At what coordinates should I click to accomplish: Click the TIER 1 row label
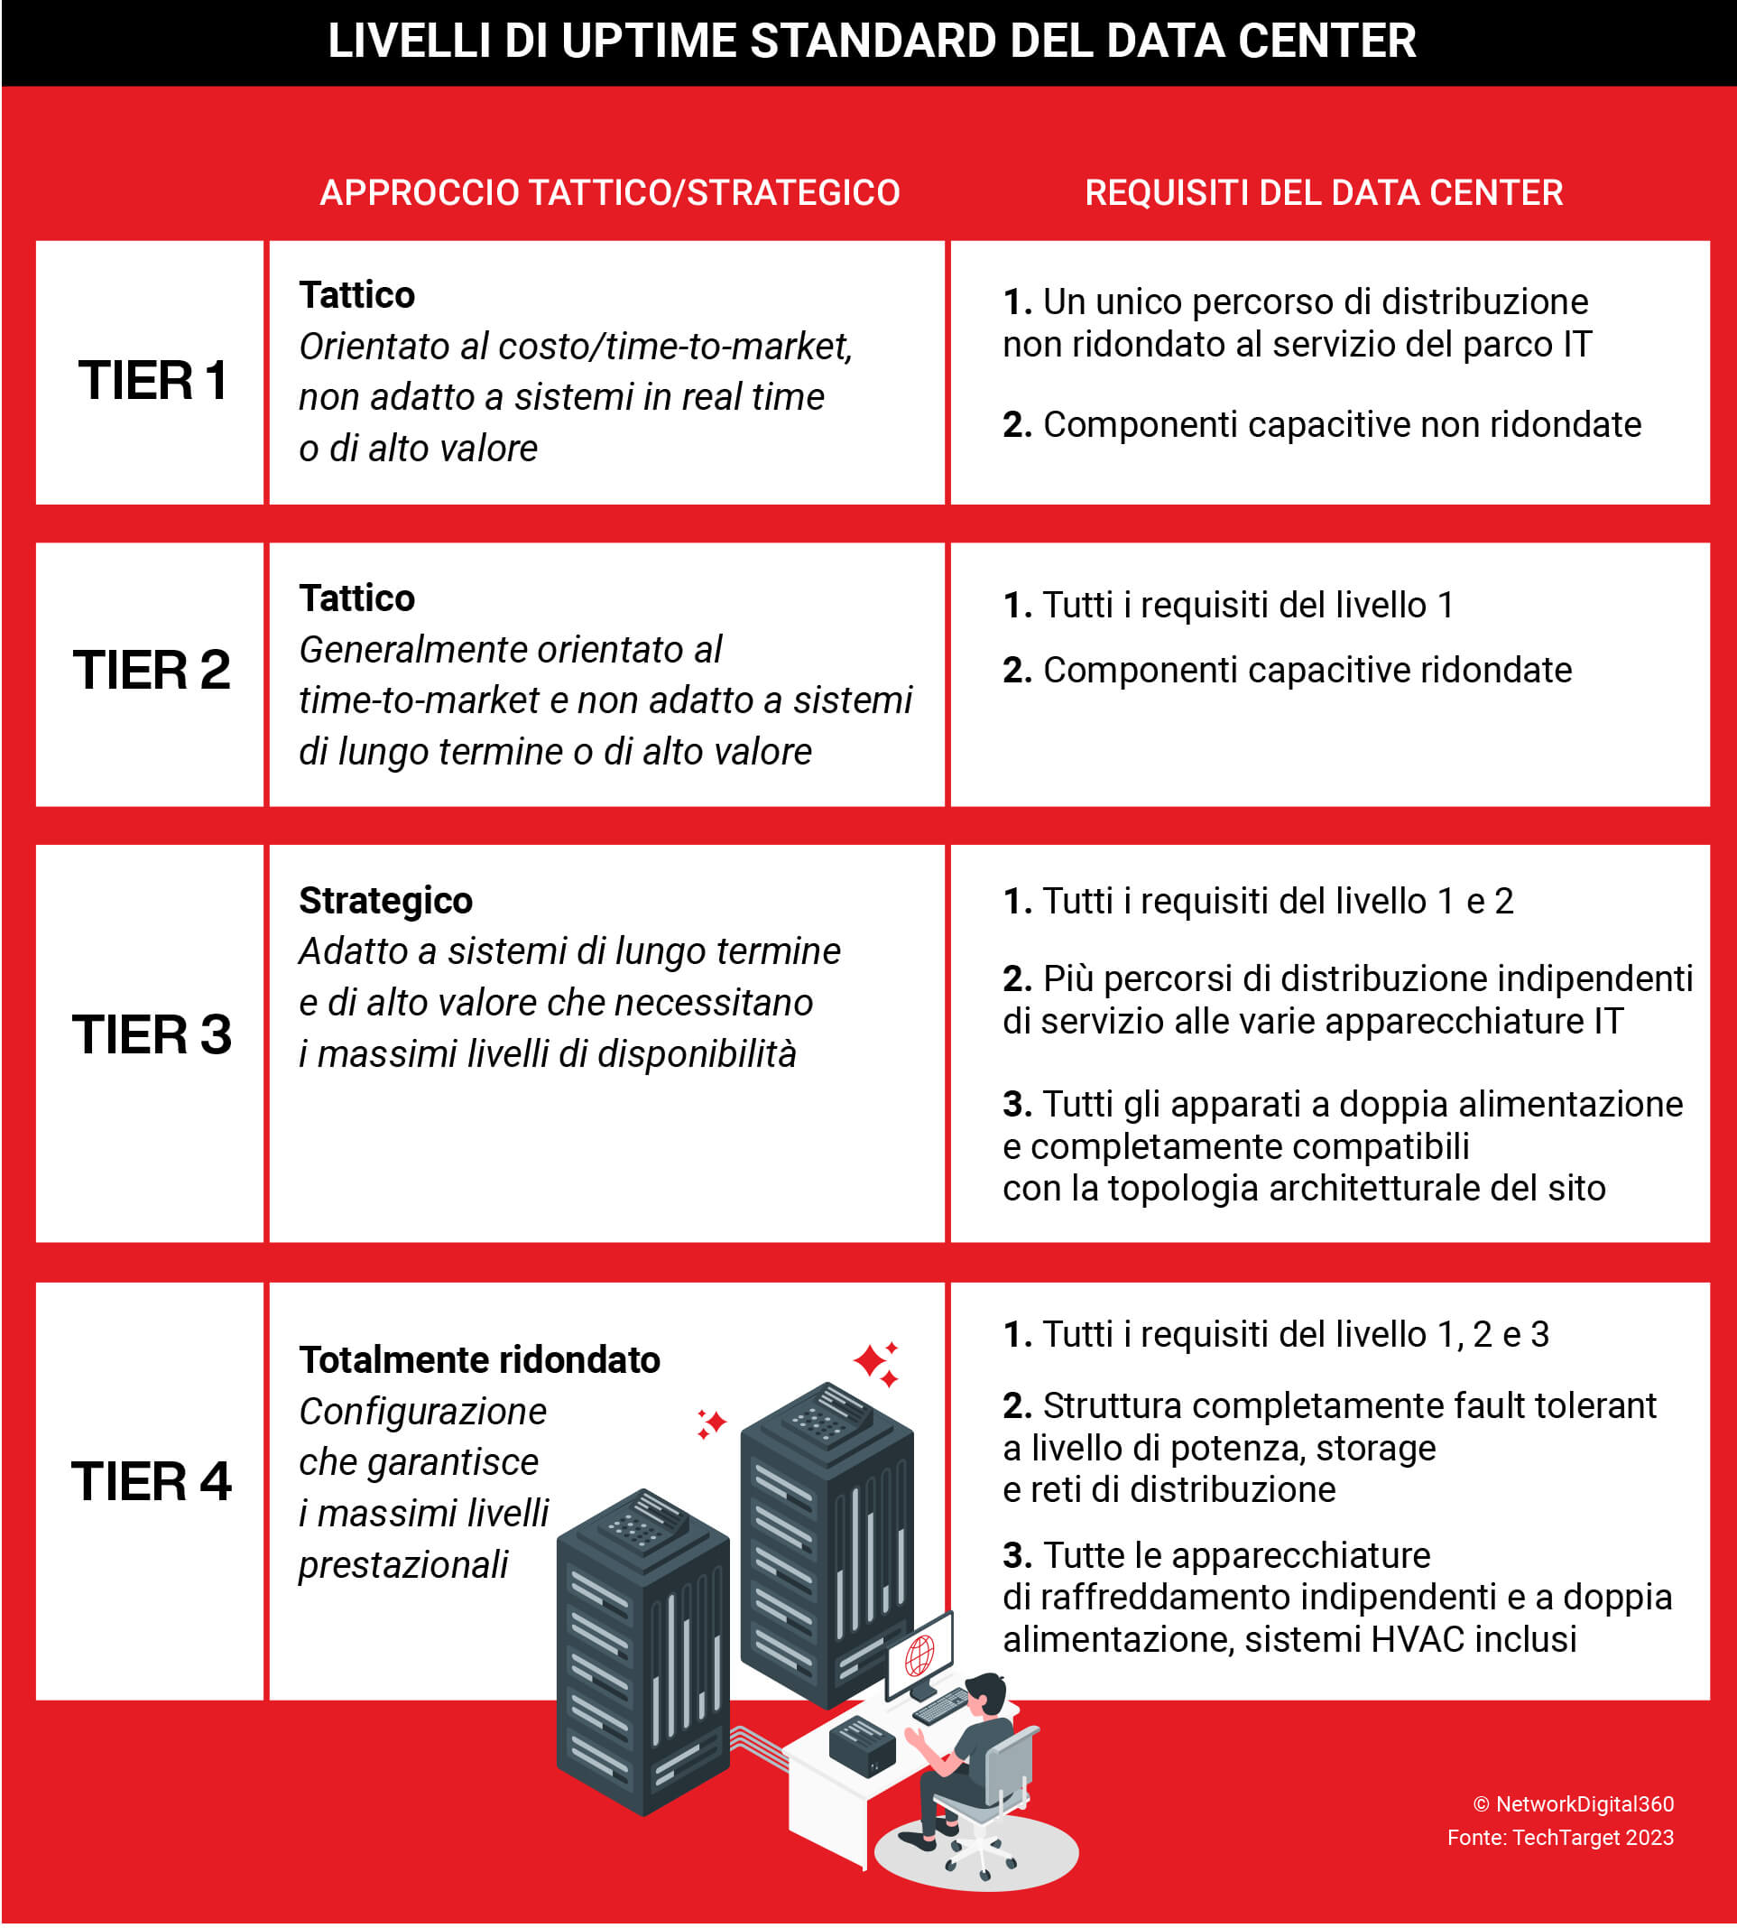(152, 380)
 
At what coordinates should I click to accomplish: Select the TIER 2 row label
(152, 669)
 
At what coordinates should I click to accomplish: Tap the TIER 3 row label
(152, 1034)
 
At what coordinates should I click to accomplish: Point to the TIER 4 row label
(152, 1480)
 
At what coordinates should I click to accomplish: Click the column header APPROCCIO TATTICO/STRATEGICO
(610, 193)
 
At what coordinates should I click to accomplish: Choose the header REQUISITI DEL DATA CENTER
(1324, 193)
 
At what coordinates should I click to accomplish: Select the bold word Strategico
(385, 900)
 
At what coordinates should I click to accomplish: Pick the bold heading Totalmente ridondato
(479, 1359)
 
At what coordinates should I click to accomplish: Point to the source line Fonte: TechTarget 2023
(1559, 1838)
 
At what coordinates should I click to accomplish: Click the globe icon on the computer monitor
(919, 1656)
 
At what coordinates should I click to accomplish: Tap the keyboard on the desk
(941, 1706)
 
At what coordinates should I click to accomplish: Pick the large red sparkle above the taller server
(870, 1360)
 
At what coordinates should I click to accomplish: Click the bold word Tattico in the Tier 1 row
(357, 295)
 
